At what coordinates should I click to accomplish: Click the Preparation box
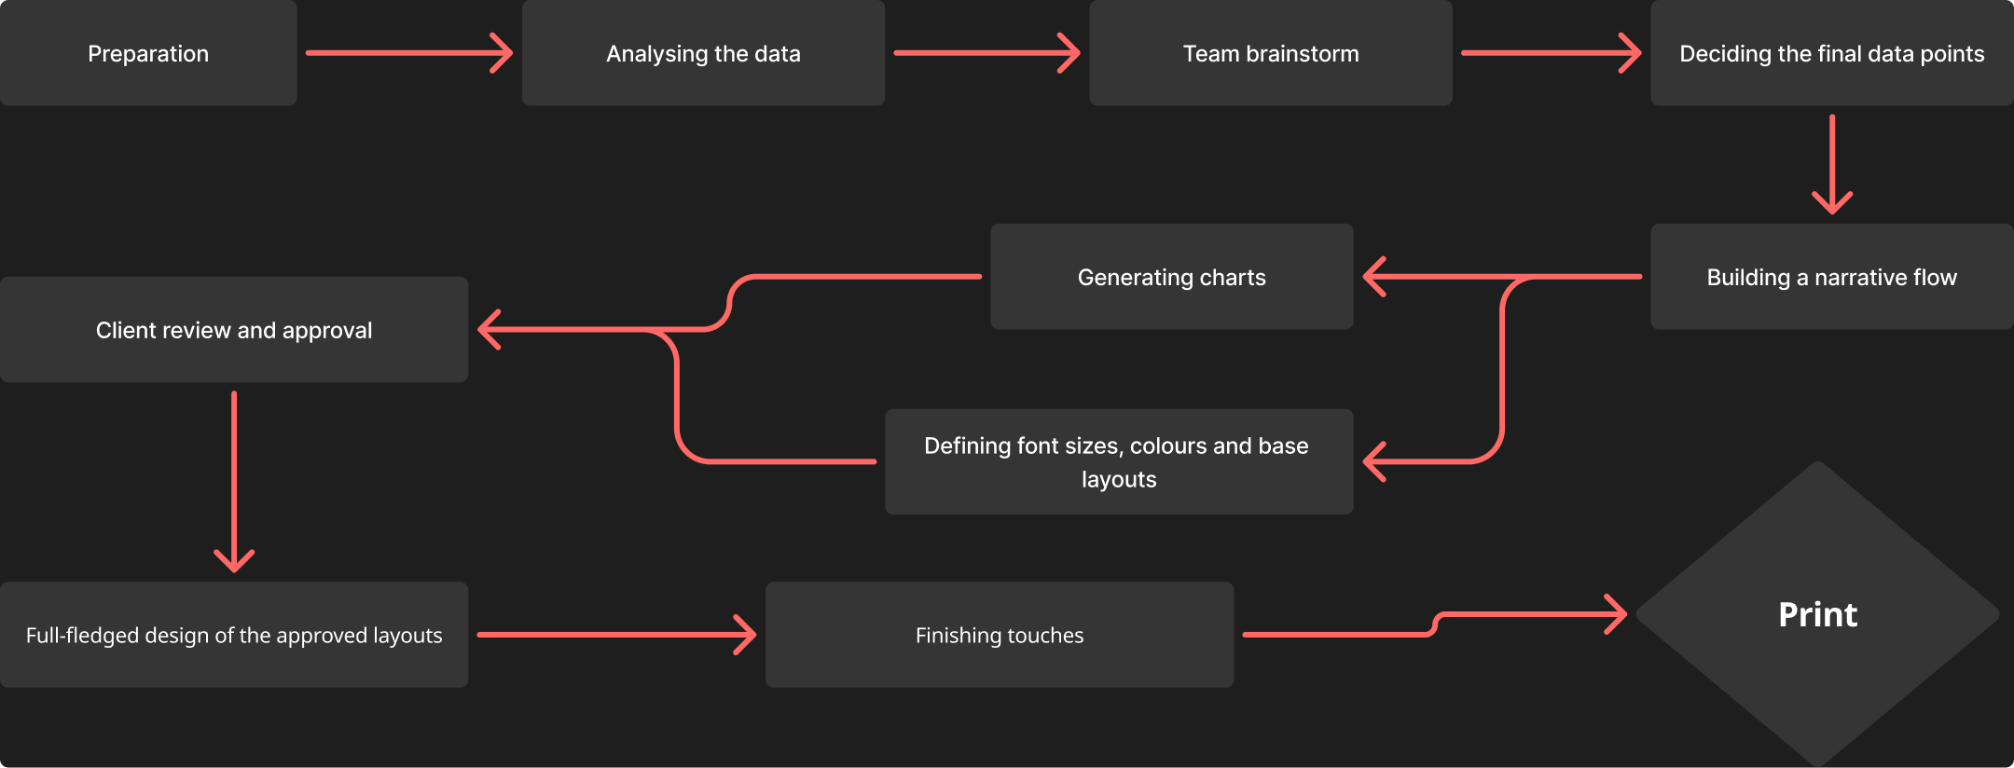point(148,53)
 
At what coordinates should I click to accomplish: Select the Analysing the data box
point(703,53)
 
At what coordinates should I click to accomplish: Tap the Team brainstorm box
point(1271,53)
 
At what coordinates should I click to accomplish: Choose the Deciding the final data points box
point(1832,53)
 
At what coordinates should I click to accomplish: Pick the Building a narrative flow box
point(1832,277)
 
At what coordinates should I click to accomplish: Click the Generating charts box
point(1172,277)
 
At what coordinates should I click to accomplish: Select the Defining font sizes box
point(1119,462)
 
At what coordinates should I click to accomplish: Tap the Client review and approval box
point(234,330)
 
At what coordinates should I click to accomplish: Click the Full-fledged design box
point(234,636)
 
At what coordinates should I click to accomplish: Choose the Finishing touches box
point(1000,636)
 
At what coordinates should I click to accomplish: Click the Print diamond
point(1818,614)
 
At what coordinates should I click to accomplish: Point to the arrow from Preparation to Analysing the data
point(409,53)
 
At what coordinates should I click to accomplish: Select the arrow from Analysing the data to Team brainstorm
point(987,53)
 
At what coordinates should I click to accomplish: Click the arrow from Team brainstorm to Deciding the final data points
point(1552,53)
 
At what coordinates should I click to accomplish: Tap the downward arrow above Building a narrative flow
point(1832,164)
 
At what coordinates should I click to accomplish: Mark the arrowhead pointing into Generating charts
point(1373,277)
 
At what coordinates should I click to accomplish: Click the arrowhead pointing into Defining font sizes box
point(1373,462)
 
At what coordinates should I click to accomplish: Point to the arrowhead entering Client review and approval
point(489,330)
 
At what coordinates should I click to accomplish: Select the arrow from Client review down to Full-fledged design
point(234,481)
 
